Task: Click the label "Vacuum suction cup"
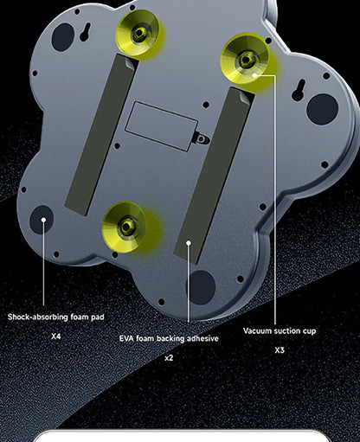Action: point(280,330)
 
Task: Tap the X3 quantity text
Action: point(280,350)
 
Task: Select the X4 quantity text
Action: point(55,336)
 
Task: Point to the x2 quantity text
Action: point(169,358)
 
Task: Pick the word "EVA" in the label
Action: point(126,338)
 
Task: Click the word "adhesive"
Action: point(202,338)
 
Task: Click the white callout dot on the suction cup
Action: point(254,75)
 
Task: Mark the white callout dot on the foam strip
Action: point(189,243)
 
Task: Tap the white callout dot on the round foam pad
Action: point(43,220)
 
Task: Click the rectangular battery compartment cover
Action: point(162,126)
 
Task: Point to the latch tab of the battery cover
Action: point(202,139)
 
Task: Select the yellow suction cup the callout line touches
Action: point(245,59)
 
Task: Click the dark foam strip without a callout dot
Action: point(100,134)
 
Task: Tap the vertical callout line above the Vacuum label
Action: point(275,200)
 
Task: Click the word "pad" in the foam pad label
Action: point(98,317)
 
